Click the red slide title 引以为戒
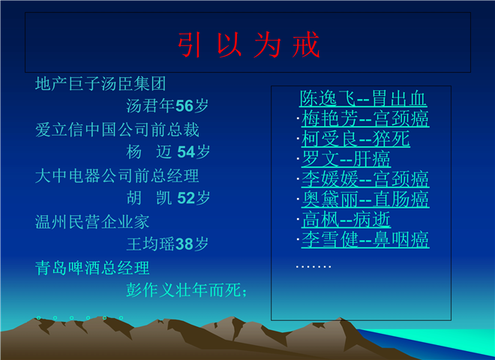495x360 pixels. click(249, 45)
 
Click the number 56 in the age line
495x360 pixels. click(184, 106)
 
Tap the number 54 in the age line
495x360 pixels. click(186, 152)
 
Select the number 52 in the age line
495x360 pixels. click(186, 198)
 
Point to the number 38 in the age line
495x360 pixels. click(184, 244)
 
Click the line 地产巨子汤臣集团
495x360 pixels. click(100, 84)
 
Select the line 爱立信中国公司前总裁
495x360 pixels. click(117, 130)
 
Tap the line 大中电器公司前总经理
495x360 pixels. click(117, 176)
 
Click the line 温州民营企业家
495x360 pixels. click(91, 222)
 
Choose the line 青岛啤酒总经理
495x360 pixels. click(91, 268)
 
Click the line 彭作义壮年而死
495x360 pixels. click(186, 290)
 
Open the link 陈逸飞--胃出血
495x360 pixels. click(363, 98)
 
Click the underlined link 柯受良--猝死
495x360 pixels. click(355, 139)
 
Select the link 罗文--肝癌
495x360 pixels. click(346, 159)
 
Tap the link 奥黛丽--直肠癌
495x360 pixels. click(365, 199)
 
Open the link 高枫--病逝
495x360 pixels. click(346, 220)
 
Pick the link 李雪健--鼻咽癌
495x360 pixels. click(365, 240)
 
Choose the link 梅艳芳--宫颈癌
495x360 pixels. click(365, 118)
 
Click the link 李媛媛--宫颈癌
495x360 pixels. click(365, 179)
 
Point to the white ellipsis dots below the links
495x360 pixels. click(313, 267)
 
